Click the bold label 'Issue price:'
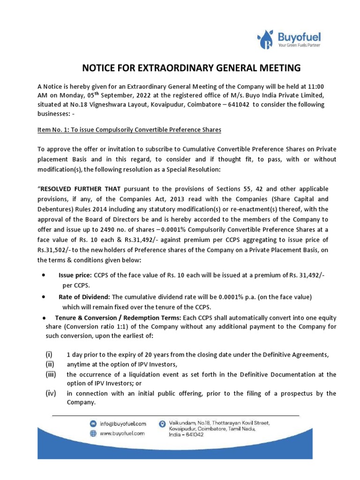pyautogui.click(x=75, y=276)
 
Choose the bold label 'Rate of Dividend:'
pyautogui.click(x=83, y=297)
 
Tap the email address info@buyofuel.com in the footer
pyautogui.click(x=123, y=424)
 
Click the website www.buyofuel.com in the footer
pyautogui.click(x=122, y=434)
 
